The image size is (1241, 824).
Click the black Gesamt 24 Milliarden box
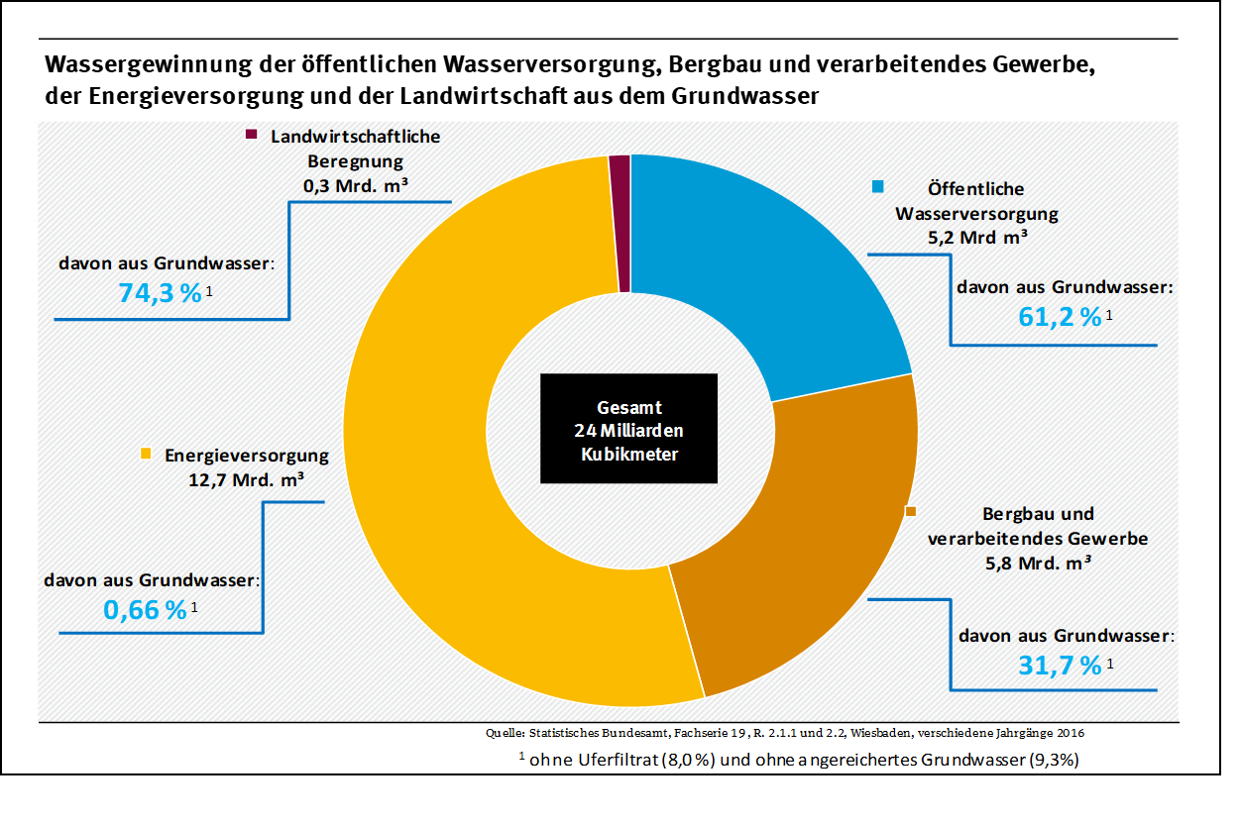(x=628, y=429)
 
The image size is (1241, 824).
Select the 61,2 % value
(x=1060, y=317)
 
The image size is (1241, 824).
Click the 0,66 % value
(x=145, y=609)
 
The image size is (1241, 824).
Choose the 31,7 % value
(x=1060, y=665)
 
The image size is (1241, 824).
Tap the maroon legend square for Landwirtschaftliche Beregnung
(x=251, y=136)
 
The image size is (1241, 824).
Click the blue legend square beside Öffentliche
(x=878, y=186)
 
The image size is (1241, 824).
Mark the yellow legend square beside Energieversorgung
(x=146, y=455)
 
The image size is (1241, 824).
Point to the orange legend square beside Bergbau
(x=910, y=511)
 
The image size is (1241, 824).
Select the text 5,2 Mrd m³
(x=976, y=238)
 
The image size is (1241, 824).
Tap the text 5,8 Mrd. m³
(x=1037, y=565)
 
